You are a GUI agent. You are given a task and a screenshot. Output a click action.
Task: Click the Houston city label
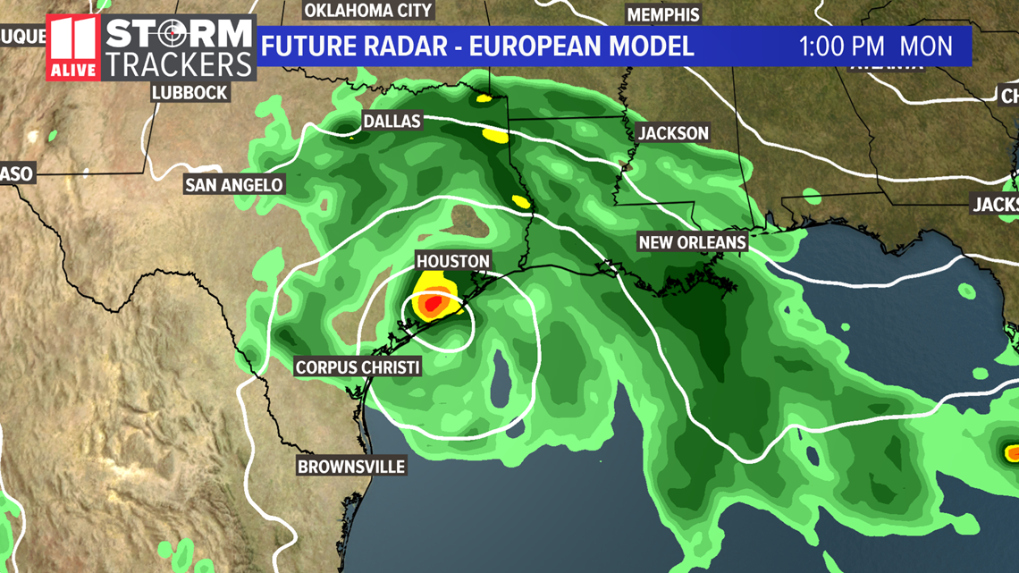(453, 261)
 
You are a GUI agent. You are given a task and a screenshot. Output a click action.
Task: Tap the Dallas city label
(392, 121)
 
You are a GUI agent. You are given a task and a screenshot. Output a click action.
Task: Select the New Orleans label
(692, 242)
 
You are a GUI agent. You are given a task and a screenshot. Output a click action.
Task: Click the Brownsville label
(351, 466)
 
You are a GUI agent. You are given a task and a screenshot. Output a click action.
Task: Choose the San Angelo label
(234, 185)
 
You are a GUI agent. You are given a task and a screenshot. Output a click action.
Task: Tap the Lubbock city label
(189, 92)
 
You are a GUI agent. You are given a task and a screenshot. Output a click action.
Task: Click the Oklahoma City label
(368, 11)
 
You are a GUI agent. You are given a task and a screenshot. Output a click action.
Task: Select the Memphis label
(662, 14)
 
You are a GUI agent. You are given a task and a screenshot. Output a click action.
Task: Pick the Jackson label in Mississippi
(673, 133)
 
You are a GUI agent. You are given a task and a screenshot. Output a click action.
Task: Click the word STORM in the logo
(180, 35)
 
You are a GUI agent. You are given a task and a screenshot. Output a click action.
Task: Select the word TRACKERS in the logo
(180, 64)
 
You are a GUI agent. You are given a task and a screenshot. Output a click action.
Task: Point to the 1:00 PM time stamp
(842, 46)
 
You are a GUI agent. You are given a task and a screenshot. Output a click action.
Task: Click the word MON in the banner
(926, 46)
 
